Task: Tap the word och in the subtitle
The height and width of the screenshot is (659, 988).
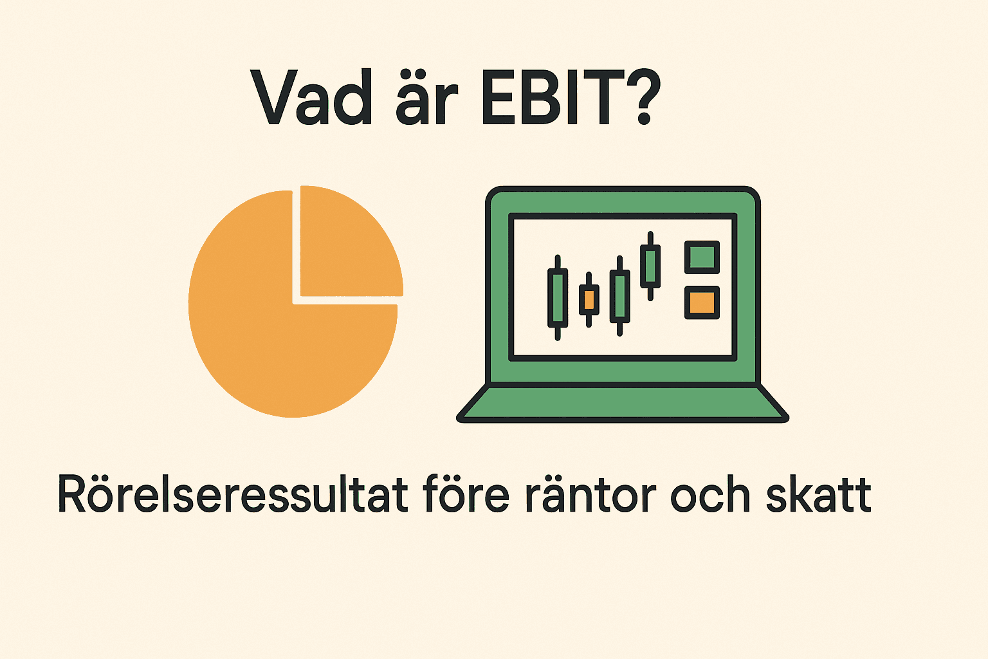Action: [710, 496]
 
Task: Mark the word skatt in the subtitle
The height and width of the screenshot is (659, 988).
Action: [818, 496]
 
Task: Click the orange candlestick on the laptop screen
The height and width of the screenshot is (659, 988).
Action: [589, 299]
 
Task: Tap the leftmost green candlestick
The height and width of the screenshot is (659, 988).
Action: [557, 297]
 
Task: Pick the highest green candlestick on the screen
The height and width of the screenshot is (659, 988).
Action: [650, 265]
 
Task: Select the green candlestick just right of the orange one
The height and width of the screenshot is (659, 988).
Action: [619, 296]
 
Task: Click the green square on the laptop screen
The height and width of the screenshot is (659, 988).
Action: [701, 257]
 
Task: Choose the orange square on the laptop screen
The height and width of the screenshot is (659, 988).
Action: [701, 302]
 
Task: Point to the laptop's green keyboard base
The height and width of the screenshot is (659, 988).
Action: [623, 404]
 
